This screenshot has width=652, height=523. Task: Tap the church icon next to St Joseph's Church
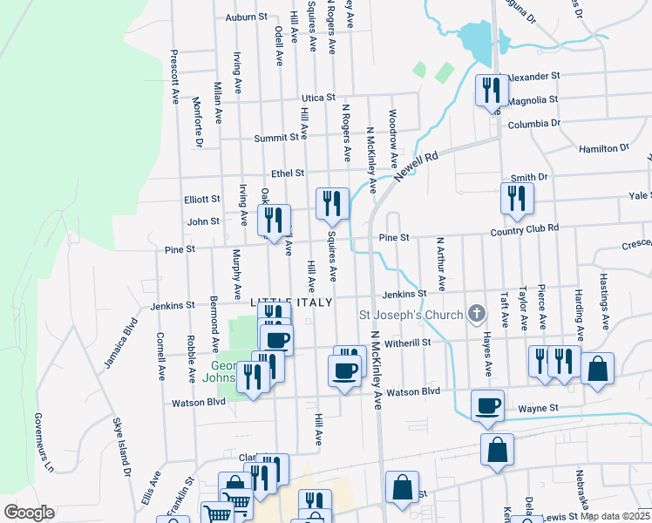pos(476,313)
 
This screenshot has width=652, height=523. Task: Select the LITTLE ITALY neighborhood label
pos(292,302)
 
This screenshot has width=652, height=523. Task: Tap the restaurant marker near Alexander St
pos(491,90)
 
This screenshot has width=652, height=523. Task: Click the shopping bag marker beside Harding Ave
pos(598,368)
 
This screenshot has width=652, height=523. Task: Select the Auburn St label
pos(246,17)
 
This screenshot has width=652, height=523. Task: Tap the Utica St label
pos(318,98)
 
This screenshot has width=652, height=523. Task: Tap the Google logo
pos(29,512)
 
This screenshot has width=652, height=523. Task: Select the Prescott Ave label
pos(174,78)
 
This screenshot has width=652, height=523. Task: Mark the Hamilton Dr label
pos(604,149)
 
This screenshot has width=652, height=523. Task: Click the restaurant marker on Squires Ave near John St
pos(331,204)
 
